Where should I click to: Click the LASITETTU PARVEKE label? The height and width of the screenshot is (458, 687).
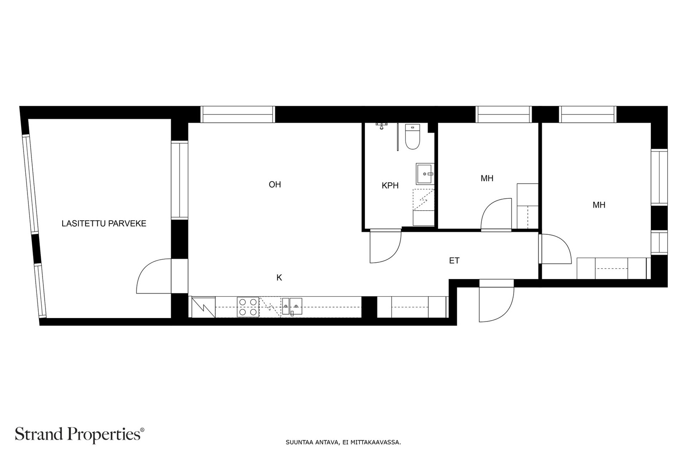tap(104, 224)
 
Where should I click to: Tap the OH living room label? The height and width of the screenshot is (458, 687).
tap(275, 185)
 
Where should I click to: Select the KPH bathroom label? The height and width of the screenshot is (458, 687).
tap(390, 185)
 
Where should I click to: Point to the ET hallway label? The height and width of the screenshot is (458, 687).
tap(454, 261)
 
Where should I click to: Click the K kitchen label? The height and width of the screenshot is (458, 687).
tap(279, 278)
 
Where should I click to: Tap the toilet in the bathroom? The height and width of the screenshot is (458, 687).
tap(413, 136)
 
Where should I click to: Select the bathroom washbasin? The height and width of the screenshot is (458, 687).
tap(425, 173)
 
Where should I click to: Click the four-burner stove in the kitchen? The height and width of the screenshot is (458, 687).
tap(248, 307)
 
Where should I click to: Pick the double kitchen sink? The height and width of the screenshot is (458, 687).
tap(292, 306)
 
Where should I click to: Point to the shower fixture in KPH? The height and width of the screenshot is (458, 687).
tap(382, 126)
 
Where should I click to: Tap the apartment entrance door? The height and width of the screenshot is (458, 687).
tap(496, 300)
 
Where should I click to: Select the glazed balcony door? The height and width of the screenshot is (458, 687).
tap(154, 276)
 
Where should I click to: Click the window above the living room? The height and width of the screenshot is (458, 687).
tap(238, 114)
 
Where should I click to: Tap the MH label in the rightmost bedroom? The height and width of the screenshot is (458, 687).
tap(599, 205)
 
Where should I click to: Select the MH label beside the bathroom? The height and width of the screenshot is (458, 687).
tap(487, 179)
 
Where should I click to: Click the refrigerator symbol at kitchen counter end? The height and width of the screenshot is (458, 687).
tap(204, 307)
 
